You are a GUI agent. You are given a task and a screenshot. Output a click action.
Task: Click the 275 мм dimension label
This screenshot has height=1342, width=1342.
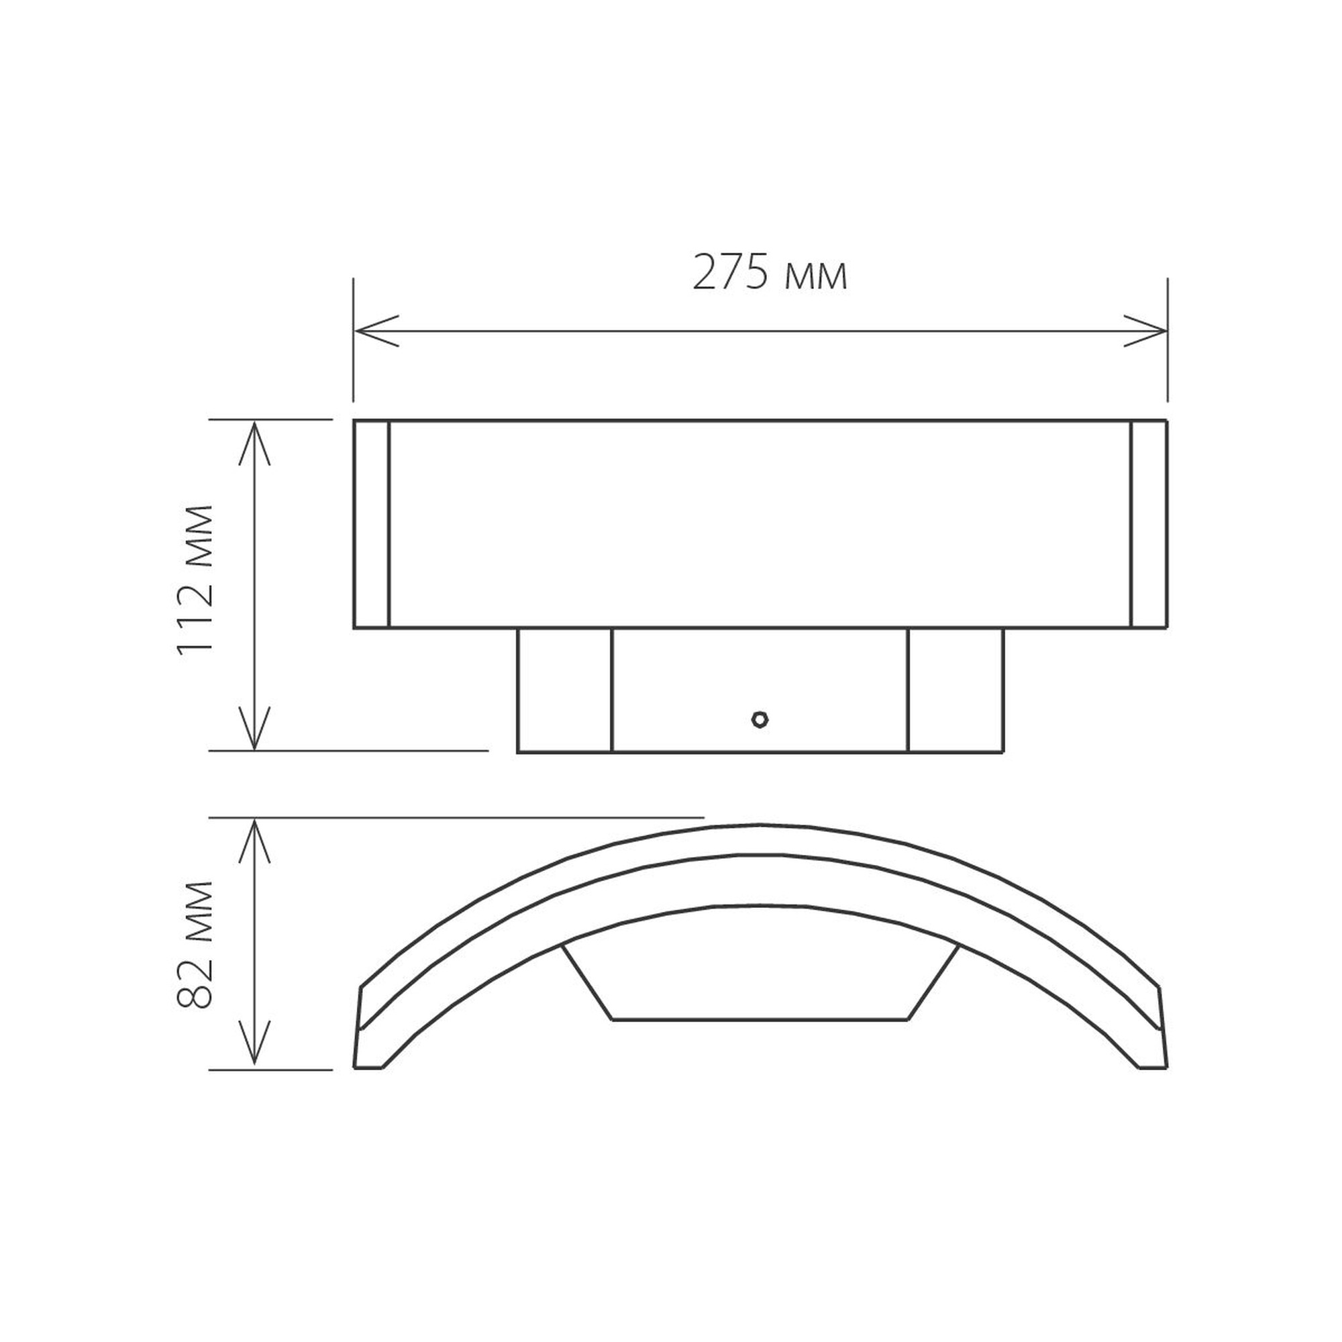tap(770, 273)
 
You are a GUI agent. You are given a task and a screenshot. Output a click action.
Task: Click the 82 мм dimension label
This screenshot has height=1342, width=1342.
tap(195, 945)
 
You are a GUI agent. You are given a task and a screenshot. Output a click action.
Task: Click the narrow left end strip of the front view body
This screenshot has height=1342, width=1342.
tap(371, 524)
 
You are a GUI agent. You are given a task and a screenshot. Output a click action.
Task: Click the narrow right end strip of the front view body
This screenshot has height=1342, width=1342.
tap(1149, 524)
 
